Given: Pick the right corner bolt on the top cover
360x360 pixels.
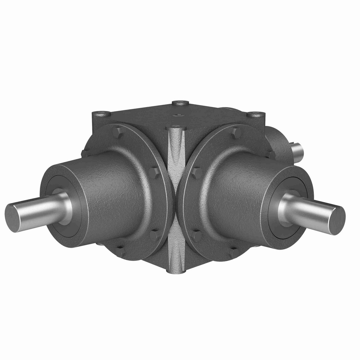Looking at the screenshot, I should coord(256,114).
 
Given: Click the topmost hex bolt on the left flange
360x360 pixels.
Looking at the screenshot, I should coord(118,132).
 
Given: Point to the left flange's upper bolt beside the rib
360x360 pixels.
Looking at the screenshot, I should coord(153,172).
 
